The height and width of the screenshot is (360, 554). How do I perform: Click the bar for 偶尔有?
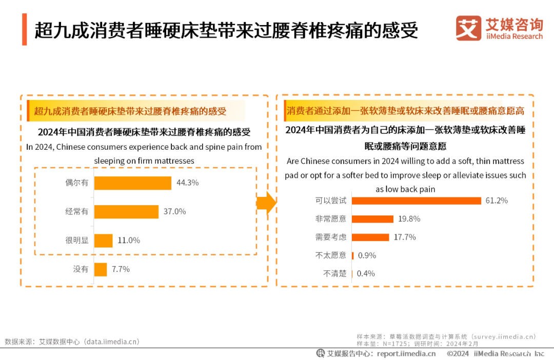pos(132,183)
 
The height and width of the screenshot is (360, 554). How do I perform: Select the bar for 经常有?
pos(126,212)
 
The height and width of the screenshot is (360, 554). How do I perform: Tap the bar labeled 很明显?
pos(103,241)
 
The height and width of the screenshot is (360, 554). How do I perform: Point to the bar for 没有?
pos(101,269)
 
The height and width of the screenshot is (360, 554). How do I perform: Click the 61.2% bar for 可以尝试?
pos(417,201)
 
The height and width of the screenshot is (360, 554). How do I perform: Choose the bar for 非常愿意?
pos(373,219)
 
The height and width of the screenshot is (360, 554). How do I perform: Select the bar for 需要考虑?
pos(370,237)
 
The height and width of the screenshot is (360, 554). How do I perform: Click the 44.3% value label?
pos(187,183)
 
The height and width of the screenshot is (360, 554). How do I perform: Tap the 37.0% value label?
pos(174,211)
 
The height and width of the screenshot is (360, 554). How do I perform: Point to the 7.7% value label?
pos(121,269)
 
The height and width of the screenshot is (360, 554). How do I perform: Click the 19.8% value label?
pos(409,218)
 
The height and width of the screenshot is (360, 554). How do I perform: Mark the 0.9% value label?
pos(367,255)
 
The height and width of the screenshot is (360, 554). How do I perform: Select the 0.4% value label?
pos(366,273)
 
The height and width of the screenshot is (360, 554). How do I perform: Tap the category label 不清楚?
pos(334,273)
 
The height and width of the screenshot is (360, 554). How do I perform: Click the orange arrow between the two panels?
pos(266,204)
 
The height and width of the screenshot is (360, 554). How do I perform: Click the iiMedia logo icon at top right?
pos(468,28)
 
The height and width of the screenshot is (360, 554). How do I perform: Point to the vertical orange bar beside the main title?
pos(24,30)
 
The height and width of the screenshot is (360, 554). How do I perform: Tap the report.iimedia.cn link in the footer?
pos(406,353)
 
